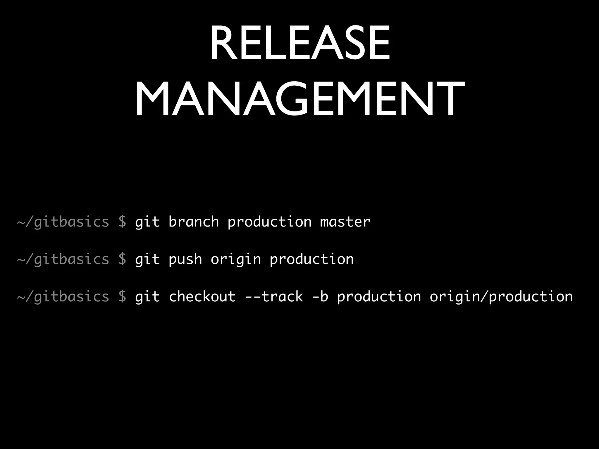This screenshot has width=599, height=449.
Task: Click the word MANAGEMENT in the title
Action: [299, 99]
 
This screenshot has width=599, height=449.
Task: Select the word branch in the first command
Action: [194, 222]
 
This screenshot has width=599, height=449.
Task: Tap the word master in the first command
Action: [345, 222]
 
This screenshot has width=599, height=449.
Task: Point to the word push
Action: [185, 259]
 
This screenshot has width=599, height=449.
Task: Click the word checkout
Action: [202, 297]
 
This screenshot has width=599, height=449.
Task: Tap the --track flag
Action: [274, 297]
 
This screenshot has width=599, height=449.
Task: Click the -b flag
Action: [320, 297]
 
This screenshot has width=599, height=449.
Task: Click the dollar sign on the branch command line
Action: [122, 222]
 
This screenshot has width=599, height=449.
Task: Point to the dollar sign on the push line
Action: [122, 259]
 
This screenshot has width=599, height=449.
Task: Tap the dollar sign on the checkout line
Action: [122, 297]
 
